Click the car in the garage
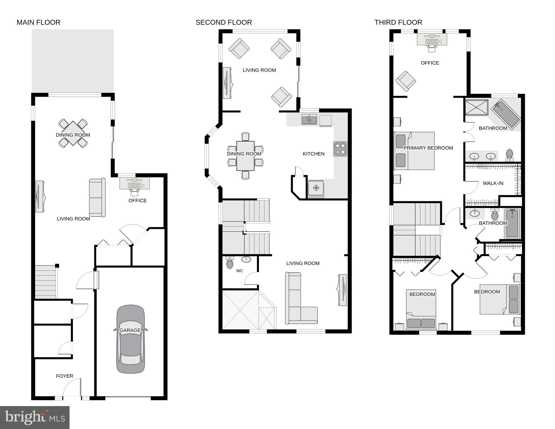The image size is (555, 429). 130,339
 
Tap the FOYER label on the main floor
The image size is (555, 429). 65,376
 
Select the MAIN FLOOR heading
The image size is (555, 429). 39,22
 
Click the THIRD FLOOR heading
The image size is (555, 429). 398,22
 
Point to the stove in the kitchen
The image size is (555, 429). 340,149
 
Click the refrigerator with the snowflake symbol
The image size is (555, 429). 316,188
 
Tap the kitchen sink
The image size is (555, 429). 309,120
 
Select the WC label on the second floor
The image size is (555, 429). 239,271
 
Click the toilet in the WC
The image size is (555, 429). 230,263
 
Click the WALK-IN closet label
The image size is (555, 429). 493,183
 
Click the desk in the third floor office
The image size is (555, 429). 432,39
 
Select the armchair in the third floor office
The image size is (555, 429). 406,81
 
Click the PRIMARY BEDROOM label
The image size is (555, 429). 428,148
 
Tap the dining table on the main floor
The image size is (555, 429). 73,134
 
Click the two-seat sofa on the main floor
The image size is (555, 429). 97,198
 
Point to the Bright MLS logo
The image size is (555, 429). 35,417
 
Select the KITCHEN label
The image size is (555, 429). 313,154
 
